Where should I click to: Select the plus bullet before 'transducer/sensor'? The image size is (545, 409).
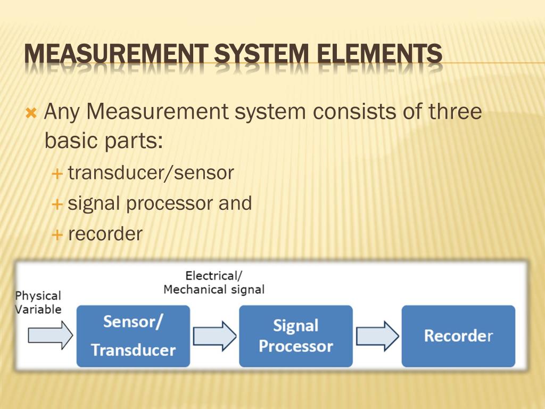57,174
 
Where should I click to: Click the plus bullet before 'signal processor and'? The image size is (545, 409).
57,204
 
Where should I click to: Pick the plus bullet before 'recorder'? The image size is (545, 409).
57,234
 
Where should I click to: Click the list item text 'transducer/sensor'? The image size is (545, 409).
151,173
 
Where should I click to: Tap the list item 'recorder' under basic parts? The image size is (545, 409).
105,234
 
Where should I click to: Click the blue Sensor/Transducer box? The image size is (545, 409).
133,336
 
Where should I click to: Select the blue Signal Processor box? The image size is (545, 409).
295,336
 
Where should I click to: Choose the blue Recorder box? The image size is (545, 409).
458,336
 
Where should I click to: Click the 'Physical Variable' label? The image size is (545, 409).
38,302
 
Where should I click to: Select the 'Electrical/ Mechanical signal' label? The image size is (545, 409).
213,283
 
